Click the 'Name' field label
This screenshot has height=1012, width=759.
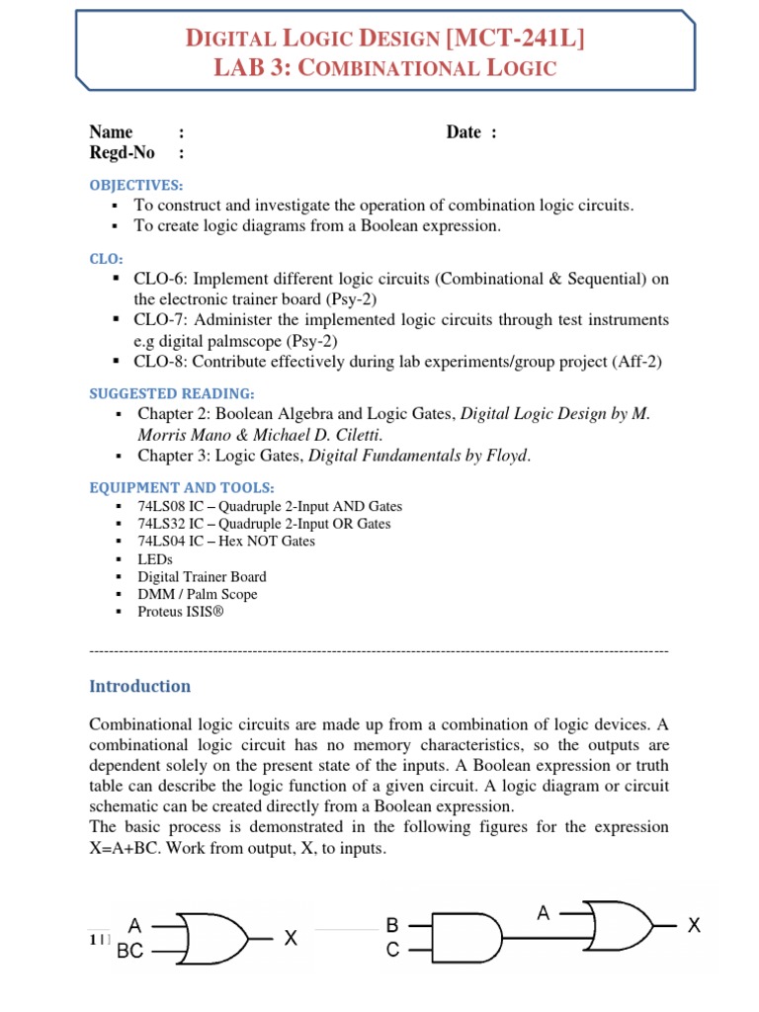click(111, 132)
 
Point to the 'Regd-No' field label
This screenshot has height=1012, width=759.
click(122, 152)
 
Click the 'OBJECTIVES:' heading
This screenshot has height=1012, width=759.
click(135, 185)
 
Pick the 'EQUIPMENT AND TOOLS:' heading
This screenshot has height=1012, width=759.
click(182, 487)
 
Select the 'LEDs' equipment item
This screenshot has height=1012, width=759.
click(154, 559)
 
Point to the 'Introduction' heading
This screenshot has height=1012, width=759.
click(139, 686)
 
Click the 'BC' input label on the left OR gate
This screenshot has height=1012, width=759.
click(130, 951)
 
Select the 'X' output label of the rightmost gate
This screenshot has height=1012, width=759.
click(694, 926)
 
